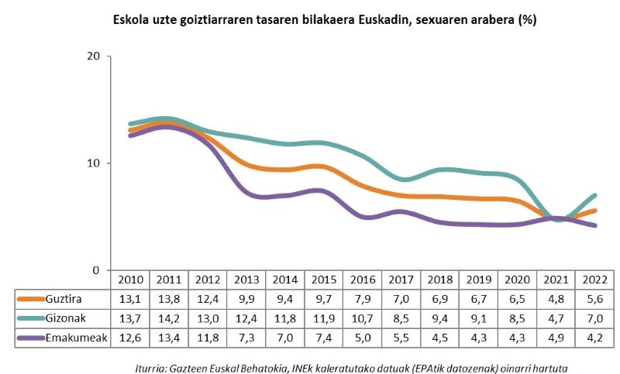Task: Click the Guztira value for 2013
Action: click(x=246, y=298)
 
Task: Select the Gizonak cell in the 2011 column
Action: click(x=168, y=317)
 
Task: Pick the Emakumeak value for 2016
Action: click(x=362, y=337)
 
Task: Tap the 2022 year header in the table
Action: click(x=594, y=279)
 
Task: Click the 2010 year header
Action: click(x=129, y=279)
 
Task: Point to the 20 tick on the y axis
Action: click(x=95, y=57)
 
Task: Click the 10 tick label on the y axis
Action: click(x=95, y=163)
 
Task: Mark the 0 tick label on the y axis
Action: click(x=98, y=270)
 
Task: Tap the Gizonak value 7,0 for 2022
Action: click(x=594, y=317)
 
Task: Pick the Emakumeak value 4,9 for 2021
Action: click(x=556, y=337)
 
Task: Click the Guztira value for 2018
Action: click(x=439, y=298)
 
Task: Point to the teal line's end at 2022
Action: click(x=594, y=195)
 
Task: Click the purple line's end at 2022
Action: click(x=594, y=225)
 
